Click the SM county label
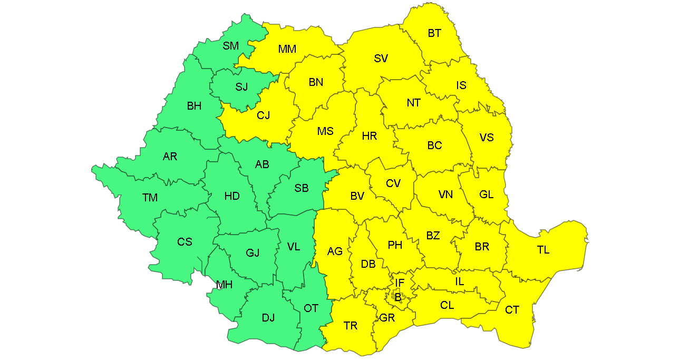pyautogui.click(x=230, y=46)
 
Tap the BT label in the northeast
pyautogui.click(x=434, y=33)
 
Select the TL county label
pyautogui.click(x=543, y=250)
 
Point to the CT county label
pyautogui.click(x=512, y=310)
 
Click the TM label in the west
pyautogui.click(x=150, y=198)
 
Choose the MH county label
pyautogui.click(x=224, y=285)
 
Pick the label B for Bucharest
pyautogui.click(x=398, y=297)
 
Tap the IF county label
pyautogui.click(x=400, y=284)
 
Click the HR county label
pyautogui.click(x=370, y=136)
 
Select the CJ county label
pyautogui.click(x=263, y=115)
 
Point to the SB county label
pyautogui.click(x=302, y=188)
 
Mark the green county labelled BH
pyautogui.click(x=194, y=106)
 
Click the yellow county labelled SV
pyautogui.click(x=381, y=59)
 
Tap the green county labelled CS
pyautogui.click(x=185, y=242)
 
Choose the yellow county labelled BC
pyautogui.click(x=434, y=145)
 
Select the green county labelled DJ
pyautogui.click(x=268, y=317)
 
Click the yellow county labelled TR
pyautogui.click(x=351, y=326)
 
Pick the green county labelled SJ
pyautogui.click(x=241, y=86)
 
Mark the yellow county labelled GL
pyautogui.click(x=486, y=194)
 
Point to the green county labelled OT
pyautogui.click(x=311, y=308)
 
